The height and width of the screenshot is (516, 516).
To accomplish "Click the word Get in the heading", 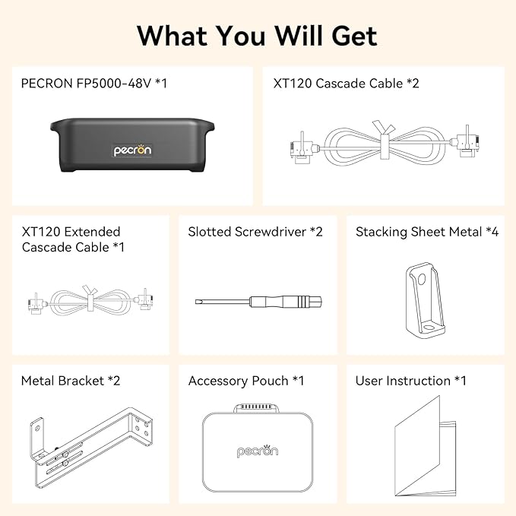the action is pos(354,36).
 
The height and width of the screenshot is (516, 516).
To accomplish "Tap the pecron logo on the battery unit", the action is pos(132,150).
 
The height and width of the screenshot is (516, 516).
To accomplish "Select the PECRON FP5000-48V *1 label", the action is pos(94,84).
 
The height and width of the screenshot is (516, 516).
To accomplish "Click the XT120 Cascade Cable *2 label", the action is pos(347,84).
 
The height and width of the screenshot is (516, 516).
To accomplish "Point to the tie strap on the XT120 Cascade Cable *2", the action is pos(384,141).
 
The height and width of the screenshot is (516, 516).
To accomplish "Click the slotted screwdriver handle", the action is pos(286,302).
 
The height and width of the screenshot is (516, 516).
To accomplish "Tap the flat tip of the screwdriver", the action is pos(198,302).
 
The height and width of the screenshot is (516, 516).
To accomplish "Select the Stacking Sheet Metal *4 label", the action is pos(427,232).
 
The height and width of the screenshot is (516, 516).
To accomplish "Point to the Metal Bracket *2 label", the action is pos(71,381).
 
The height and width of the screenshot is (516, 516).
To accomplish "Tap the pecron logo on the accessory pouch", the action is pos(258,451).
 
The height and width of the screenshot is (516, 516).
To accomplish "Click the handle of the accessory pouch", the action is pos(256,408).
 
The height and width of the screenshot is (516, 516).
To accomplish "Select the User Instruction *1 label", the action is pos(410,381).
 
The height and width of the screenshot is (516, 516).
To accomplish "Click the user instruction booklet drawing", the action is pos(425,447).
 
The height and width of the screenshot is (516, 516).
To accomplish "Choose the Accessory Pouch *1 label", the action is pos(246,381).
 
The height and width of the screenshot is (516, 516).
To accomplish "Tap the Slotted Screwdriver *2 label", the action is pos(255,232).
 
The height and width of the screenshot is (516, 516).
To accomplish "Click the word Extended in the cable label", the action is pos(92,232).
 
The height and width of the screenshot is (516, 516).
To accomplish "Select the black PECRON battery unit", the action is pos(132,145).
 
